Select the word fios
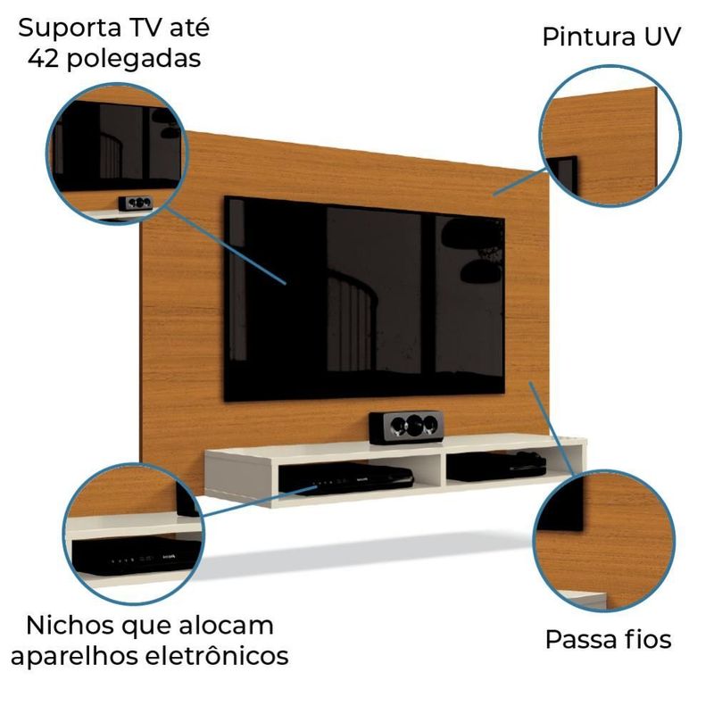click(x=647, y=639)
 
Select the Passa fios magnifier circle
click(x=603, y=542)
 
